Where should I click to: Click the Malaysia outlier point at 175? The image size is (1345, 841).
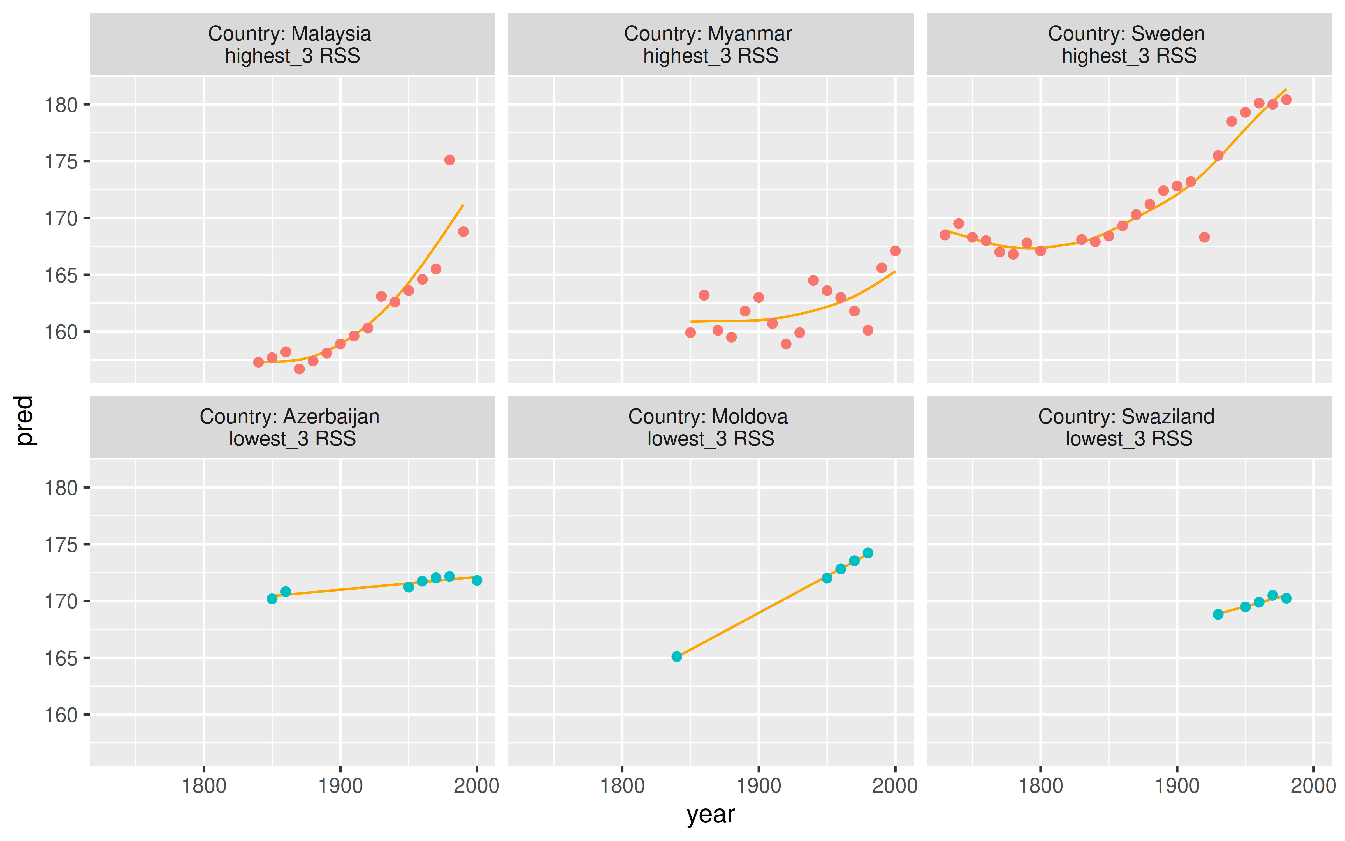pyautogui.click(x=450, y=160)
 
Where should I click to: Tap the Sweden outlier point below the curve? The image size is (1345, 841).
pyautogui.click(x=1204, y=237)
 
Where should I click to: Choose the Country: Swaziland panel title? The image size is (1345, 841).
pyautogui.click(x=1126, y=417)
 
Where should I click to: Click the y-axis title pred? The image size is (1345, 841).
pyautogui.click(x=24, y=420)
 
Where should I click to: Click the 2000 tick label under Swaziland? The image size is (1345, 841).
pyautogui.click(x=1313, y=786)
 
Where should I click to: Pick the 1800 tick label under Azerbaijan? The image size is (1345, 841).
pyautogui.click(x=204, y=786)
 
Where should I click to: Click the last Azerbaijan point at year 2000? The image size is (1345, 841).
pyautogui.click(x=477, y=580)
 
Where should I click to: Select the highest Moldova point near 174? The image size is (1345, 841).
pyautogui.click(x=868, y=553)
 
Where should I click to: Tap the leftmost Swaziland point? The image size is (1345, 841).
pyautogui.click(x=1218, y=614)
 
